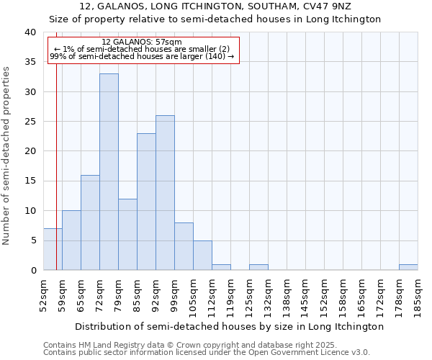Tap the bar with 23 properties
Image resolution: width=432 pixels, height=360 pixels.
[x=146, y=202]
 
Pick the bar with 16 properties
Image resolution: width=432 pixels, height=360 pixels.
[x=90, y=222]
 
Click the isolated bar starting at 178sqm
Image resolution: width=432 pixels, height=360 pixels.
[x=408, y=267]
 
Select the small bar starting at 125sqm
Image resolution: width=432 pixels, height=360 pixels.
[x=258, y=267]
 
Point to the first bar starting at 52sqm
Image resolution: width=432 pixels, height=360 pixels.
[x=53, y=249]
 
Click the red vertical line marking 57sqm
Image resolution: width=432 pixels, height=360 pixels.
[x=56, y=180]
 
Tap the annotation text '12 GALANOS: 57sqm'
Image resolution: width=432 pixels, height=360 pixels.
[x=142, y=42]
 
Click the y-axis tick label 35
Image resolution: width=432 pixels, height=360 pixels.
[x=30, y=63]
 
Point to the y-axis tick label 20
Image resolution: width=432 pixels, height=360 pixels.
[x=30, y=151]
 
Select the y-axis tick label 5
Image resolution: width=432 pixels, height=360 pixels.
[x=33, y=240]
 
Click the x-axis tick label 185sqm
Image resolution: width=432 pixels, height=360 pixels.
[x=418, y=294]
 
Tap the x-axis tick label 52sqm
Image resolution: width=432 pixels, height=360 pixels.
[x=43, y=294]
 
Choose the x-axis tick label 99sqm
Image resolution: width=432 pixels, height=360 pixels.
[x=174, y=294]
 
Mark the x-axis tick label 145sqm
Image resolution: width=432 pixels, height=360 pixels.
[x=305, y=294]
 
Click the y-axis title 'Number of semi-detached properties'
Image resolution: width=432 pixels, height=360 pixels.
[x=7, y=156]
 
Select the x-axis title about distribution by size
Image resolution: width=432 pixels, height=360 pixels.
[x=230, y=326]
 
